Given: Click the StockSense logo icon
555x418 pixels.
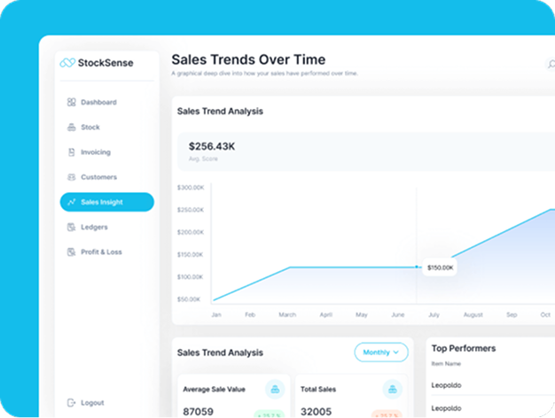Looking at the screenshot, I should [67, 63].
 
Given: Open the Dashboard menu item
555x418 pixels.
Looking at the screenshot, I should [98, 103].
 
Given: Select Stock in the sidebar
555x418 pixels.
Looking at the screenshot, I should [90, 128].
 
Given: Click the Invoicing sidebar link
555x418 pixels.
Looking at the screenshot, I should [95, 152].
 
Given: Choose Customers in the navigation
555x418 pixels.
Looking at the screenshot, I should [98, 177].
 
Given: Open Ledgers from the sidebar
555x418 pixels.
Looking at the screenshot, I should [93, 228].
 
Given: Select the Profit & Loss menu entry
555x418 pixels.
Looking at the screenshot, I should [100, 252].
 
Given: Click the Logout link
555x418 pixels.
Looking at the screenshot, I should [91, 403].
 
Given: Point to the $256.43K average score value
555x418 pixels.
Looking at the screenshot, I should [212, 146].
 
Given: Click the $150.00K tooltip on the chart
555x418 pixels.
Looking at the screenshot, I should [440, 267].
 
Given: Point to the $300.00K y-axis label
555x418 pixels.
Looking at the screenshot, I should [191, 188].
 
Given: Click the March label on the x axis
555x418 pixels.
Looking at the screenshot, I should [287, 314].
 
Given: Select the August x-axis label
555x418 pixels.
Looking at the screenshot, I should [473, 314].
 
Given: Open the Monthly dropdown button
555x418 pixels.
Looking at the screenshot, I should [381, 352].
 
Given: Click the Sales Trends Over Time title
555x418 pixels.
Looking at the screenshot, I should [248, 60].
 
